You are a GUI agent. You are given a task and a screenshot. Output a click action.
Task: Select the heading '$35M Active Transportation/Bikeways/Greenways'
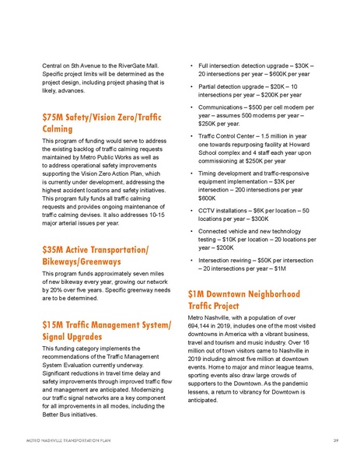coord(97,257)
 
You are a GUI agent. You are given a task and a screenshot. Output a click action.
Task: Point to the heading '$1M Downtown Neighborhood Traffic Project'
coord(239,301)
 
